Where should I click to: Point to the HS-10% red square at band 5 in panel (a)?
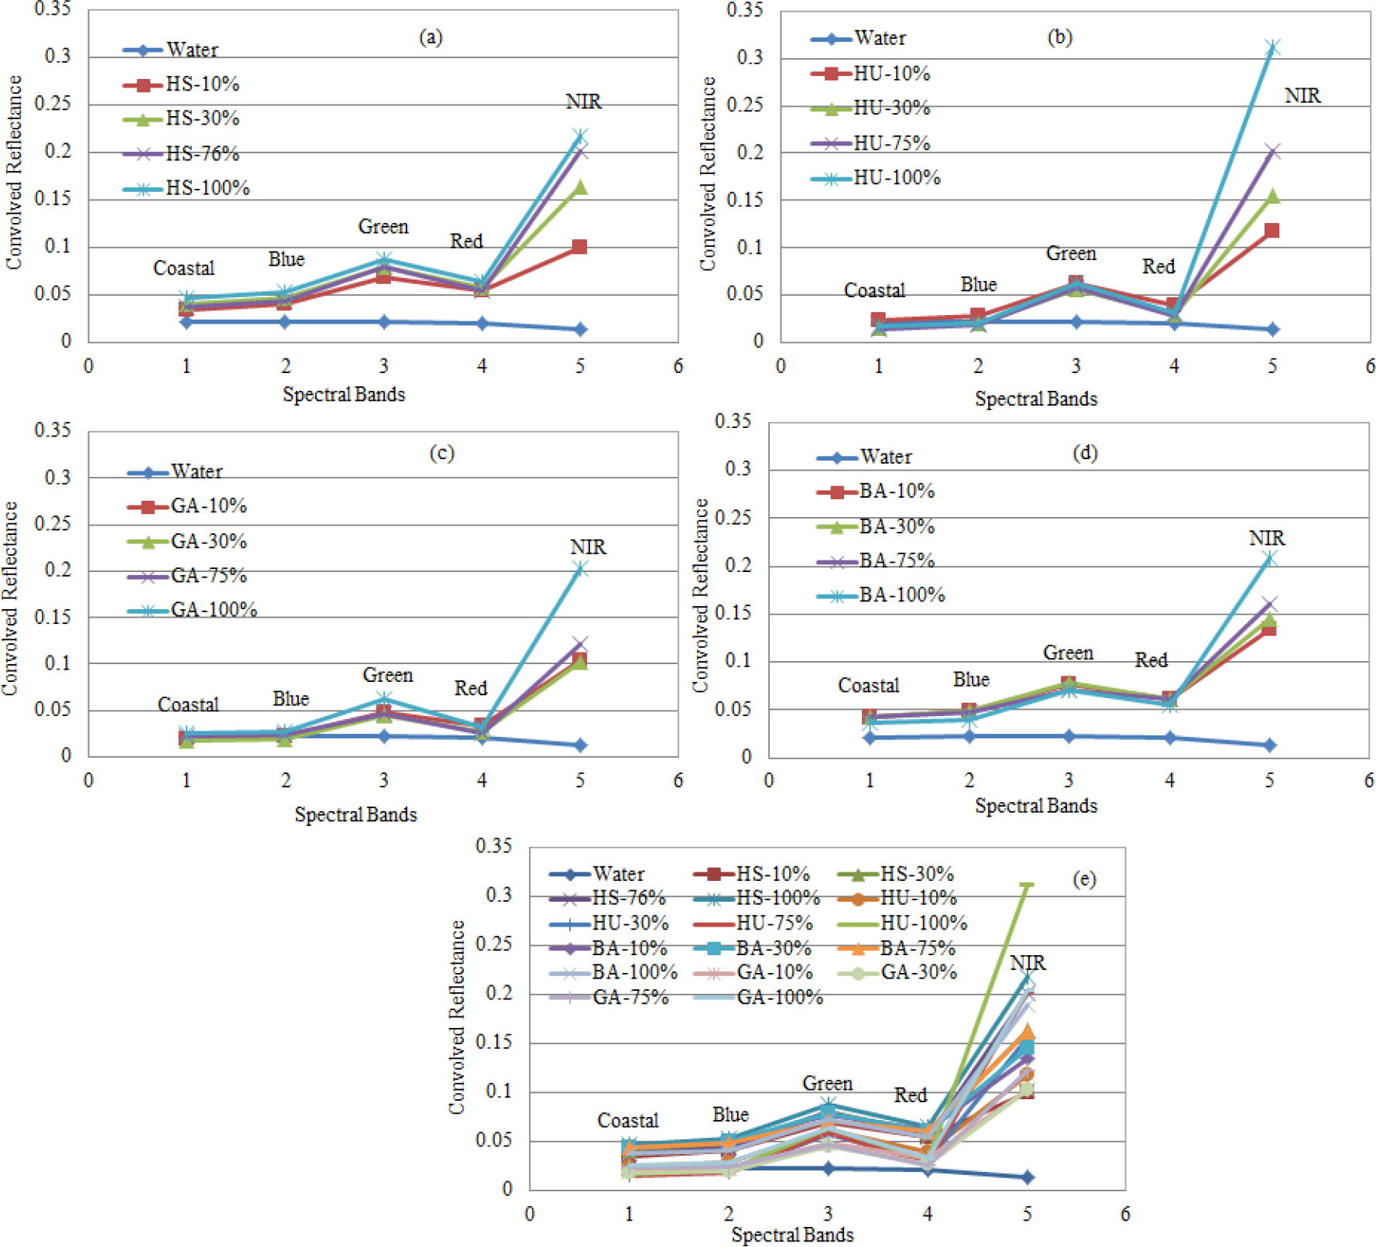coord(579,247)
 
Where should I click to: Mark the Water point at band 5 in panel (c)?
coord(580,745)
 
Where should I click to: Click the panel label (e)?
coord(1084,879)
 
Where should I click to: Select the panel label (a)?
coord(431,36)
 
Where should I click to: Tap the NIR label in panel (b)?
coord(1302,96)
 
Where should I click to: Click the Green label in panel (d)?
coord(1068,653)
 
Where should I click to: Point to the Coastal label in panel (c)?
coord(188,705)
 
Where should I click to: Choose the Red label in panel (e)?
coord(910,1095)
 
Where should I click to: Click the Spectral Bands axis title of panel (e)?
coord(792,1235)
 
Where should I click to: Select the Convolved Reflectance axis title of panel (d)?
coord(700,595)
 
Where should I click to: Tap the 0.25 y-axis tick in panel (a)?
coord(53,104)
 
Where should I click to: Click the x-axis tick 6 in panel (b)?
coord(1369,366)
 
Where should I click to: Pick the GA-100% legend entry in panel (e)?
coord(779,997)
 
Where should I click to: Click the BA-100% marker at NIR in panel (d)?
coord(1268,559)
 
